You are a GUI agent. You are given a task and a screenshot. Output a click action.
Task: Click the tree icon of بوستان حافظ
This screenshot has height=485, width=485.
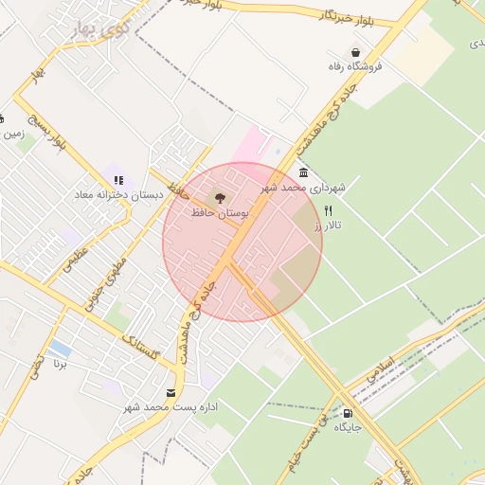[x=220, y=197]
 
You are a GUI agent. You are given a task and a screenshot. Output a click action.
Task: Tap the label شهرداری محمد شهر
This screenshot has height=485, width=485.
[x=305, y=188]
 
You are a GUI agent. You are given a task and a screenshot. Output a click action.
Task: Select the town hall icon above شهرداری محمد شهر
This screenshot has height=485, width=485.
[x=302, y=172]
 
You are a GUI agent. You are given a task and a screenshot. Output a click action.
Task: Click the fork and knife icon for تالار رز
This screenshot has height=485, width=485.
[x=328, y=210]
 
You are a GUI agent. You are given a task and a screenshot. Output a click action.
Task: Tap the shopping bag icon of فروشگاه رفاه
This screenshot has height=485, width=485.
[x=355, y=52]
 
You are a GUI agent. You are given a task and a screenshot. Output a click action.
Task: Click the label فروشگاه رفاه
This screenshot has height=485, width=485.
[x=354, y=67]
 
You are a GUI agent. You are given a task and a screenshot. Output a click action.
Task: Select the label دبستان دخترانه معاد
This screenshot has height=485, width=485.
[x=119, y=193]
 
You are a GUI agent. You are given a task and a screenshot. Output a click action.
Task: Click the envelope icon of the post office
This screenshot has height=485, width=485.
[x=171, y=392]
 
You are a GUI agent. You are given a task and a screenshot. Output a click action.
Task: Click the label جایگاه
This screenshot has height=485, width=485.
[x=348, y=428]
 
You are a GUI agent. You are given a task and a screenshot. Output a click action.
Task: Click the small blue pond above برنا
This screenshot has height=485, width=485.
[x=60, y=348]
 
